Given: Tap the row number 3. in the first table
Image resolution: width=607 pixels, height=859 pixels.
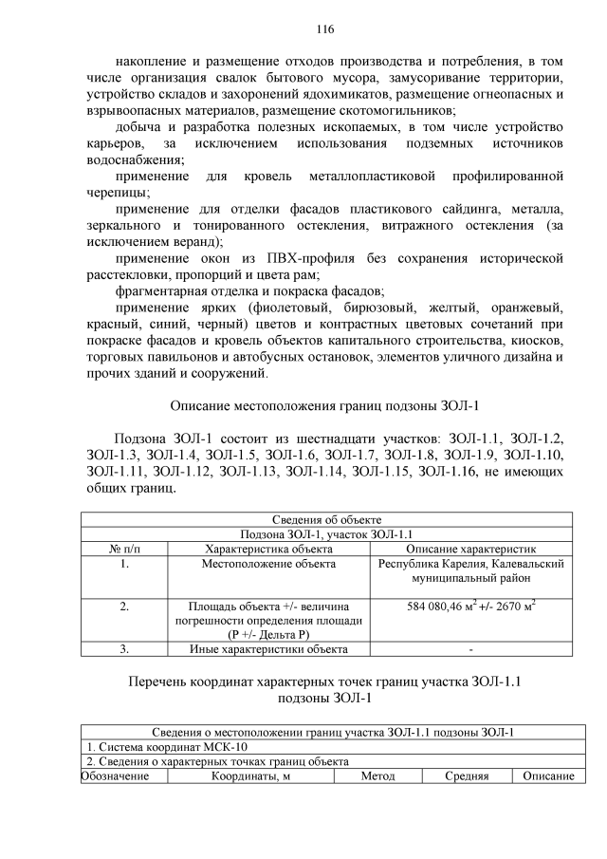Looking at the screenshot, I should point(124,649).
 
